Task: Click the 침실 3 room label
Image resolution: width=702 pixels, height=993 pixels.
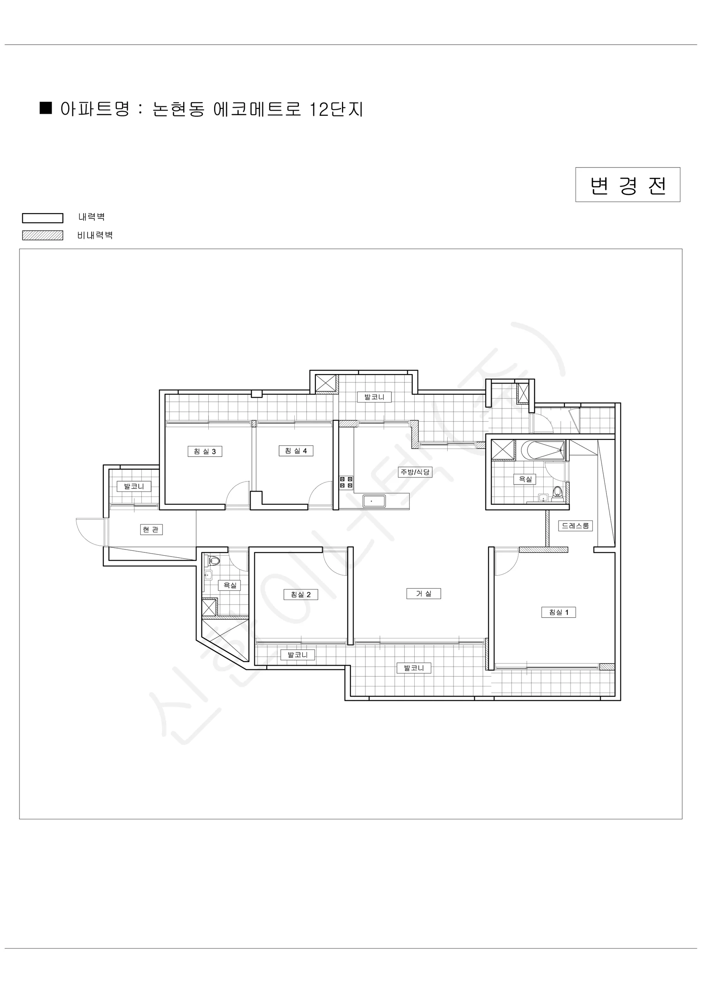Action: pos(205,451)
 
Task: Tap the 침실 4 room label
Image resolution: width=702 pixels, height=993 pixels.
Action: pos(296,451)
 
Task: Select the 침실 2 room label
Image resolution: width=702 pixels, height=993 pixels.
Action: pos(301,595)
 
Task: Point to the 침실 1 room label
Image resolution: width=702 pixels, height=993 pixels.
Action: pos(559,612)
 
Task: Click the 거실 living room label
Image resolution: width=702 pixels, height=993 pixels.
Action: pos(424,594)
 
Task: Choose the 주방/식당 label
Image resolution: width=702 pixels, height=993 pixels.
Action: pos(415,472)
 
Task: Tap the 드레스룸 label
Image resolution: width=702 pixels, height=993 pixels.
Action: pos(575,526)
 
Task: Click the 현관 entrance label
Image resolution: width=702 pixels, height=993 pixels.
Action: pos(151,529)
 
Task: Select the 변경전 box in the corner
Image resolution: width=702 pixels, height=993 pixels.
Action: pos(628,185)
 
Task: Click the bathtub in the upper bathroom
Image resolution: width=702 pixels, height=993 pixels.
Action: pos(543,450)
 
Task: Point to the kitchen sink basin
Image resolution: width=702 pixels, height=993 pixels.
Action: pos(374,501)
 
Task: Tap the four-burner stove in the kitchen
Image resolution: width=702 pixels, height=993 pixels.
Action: pos(346,482)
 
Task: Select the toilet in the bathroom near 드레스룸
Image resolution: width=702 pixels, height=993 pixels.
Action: pos(558,494)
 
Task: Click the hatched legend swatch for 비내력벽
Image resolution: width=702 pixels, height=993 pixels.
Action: pos(43,235)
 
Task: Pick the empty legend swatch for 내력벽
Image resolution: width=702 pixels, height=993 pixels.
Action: pos(43,218)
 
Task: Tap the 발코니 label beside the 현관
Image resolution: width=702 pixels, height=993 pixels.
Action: pos(134,486)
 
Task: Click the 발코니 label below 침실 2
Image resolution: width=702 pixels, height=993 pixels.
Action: pos(298,655)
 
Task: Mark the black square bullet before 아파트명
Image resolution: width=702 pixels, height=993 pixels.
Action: pos(46,108)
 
